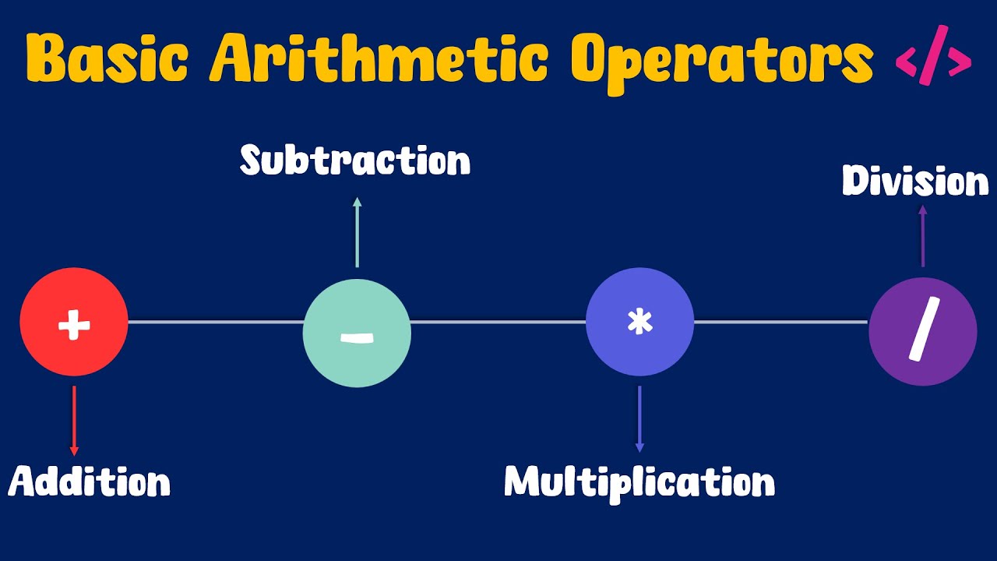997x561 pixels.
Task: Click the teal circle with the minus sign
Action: click(357, 333)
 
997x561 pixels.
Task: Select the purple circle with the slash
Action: click(922, 331)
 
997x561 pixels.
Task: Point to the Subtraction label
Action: click(355, 161)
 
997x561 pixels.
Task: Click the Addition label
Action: click(90, 482)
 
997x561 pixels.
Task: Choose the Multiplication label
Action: click(639, 482)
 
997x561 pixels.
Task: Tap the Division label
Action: click(915, 182)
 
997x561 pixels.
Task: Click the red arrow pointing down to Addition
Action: click(74, 421)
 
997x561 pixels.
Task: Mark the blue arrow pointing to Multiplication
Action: click(639, 419)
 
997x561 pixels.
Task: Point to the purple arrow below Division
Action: click(922, 235)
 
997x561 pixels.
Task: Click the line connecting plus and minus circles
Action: click(215, 322)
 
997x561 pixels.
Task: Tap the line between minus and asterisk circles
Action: click(498, 322)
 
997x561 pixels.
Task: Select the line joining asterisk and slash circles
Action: click(780, 322)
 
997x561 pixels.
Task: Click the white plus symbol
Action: click(74, 323)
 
